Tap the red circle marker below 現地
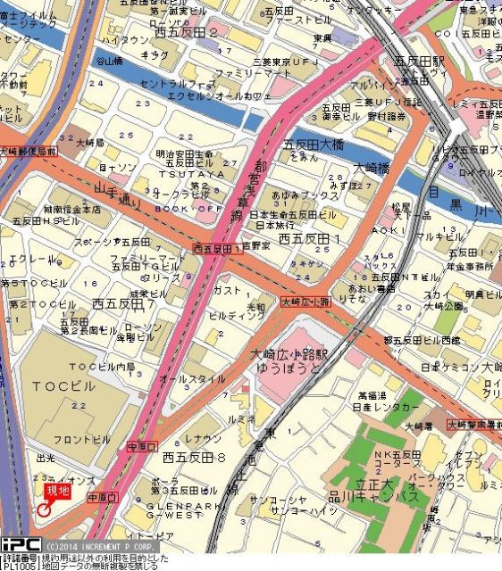point(43,510)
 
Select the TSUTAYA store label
point(183,174)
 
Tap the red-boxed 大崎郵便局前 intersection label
point(29,153)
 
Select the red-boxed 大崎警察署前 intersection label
point(474,424)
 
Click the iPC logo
point(20,543)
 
